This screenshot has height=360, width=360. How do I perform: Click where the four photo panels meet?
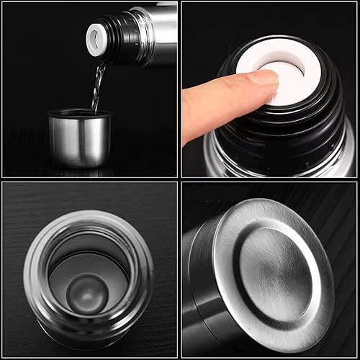(179, 180)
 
